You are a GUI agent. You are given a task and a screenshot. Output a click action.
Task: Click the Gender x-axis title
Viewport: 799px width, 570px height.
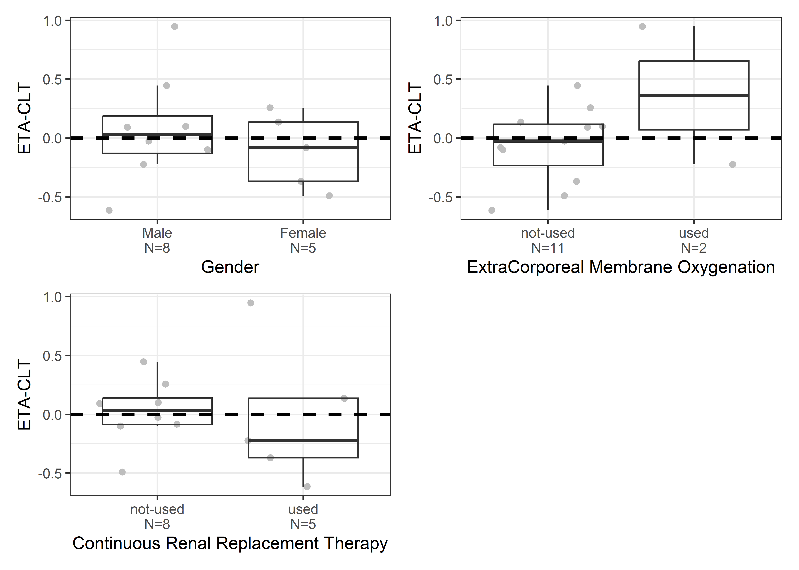(230, 267)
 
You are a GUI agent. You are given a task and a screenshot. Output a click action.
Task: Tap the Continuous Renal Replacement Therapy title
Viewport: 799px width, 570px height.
(230, 543)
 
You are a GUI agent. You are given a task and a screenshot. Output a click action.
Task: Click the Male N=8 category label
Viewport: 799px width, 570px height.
(157, 240)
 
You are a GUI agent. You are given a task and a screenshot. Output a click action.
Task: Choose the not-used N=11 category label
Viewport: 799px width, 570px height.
(548, 240)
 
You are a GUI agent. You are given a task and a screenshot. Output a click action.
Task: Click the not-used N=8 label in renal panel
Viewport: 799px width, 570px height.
(157, 517)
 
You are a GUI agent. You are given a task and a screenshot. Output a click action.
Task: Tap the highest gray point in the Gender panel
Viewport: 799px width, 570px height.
(175, 27)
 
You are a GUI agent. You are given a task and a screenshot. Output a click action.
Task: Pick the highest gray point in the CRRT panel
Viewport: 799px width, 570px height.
(251, 303)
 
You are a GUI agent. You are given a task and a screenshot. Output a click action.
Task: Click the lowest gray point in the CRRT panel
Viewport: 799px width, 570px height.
(307, 486)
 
